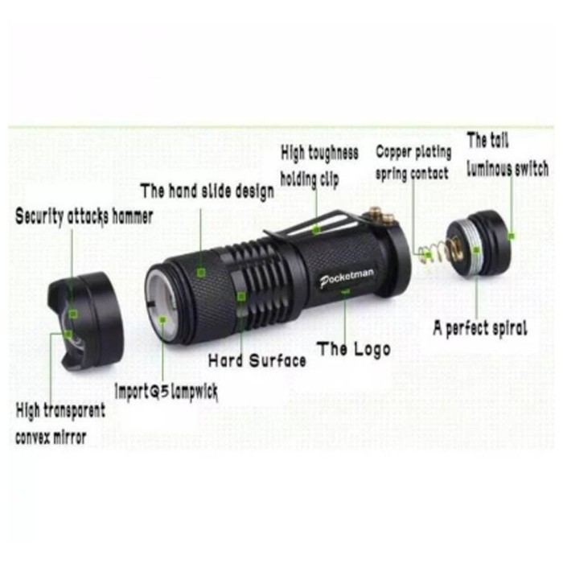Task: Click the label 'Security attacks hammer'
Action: click(84, 216)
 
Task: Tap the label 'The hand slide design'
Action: click(208, 191)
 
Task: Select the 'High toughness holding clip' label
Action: click(319, 166)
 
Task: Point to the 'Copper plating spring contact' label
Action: click(413, 162)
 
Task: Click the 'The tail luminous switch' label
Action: click(508, 154)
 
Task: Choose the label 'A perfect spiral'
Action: click(480, 328)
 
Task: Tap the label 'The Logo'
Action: click(353, 349)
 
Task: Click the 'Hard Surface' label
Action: click(257, 360)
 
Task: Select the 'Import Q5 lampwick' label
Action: click(166, 392)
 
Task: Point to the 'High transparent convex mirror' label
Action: click(60, 424)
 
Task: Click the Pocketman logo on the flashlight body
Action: click(347, 277)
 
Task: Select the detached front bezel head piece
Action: click(85, 322)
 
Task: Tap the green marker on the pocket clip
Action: click(316, 229)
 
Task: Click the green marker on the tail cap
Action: click(512, 236)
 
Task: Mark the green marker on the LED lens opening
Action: click(162, 319)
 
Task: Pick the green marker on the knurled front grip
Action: click(201, 273)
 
